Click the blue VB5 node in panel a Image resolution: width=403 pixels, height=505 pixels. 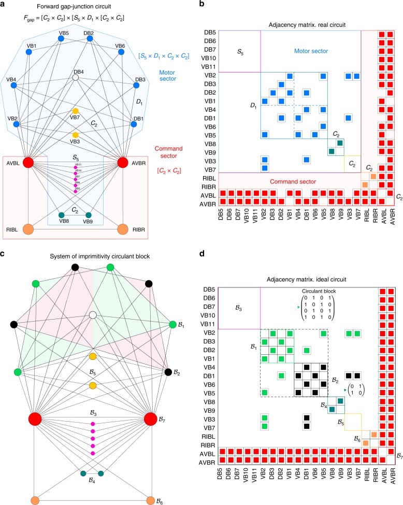pos(64,40)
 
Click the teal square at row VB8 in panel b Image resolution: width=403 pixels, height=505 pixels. pos(340,143)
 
